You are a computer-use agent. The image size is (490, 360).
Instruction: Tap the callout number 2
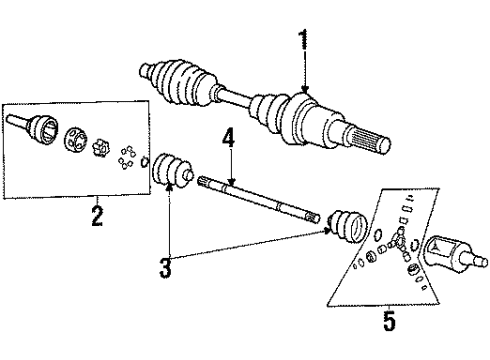pos(97,216)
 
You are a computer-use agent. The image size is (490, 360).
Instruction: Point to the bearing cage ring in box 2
pos(76,140)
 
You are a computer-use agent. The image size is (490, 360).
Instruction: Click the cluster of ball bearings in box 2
pos(127,154)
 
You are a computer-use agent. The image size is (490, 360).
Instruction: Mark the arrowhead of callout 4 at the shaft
pos(231,181)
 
